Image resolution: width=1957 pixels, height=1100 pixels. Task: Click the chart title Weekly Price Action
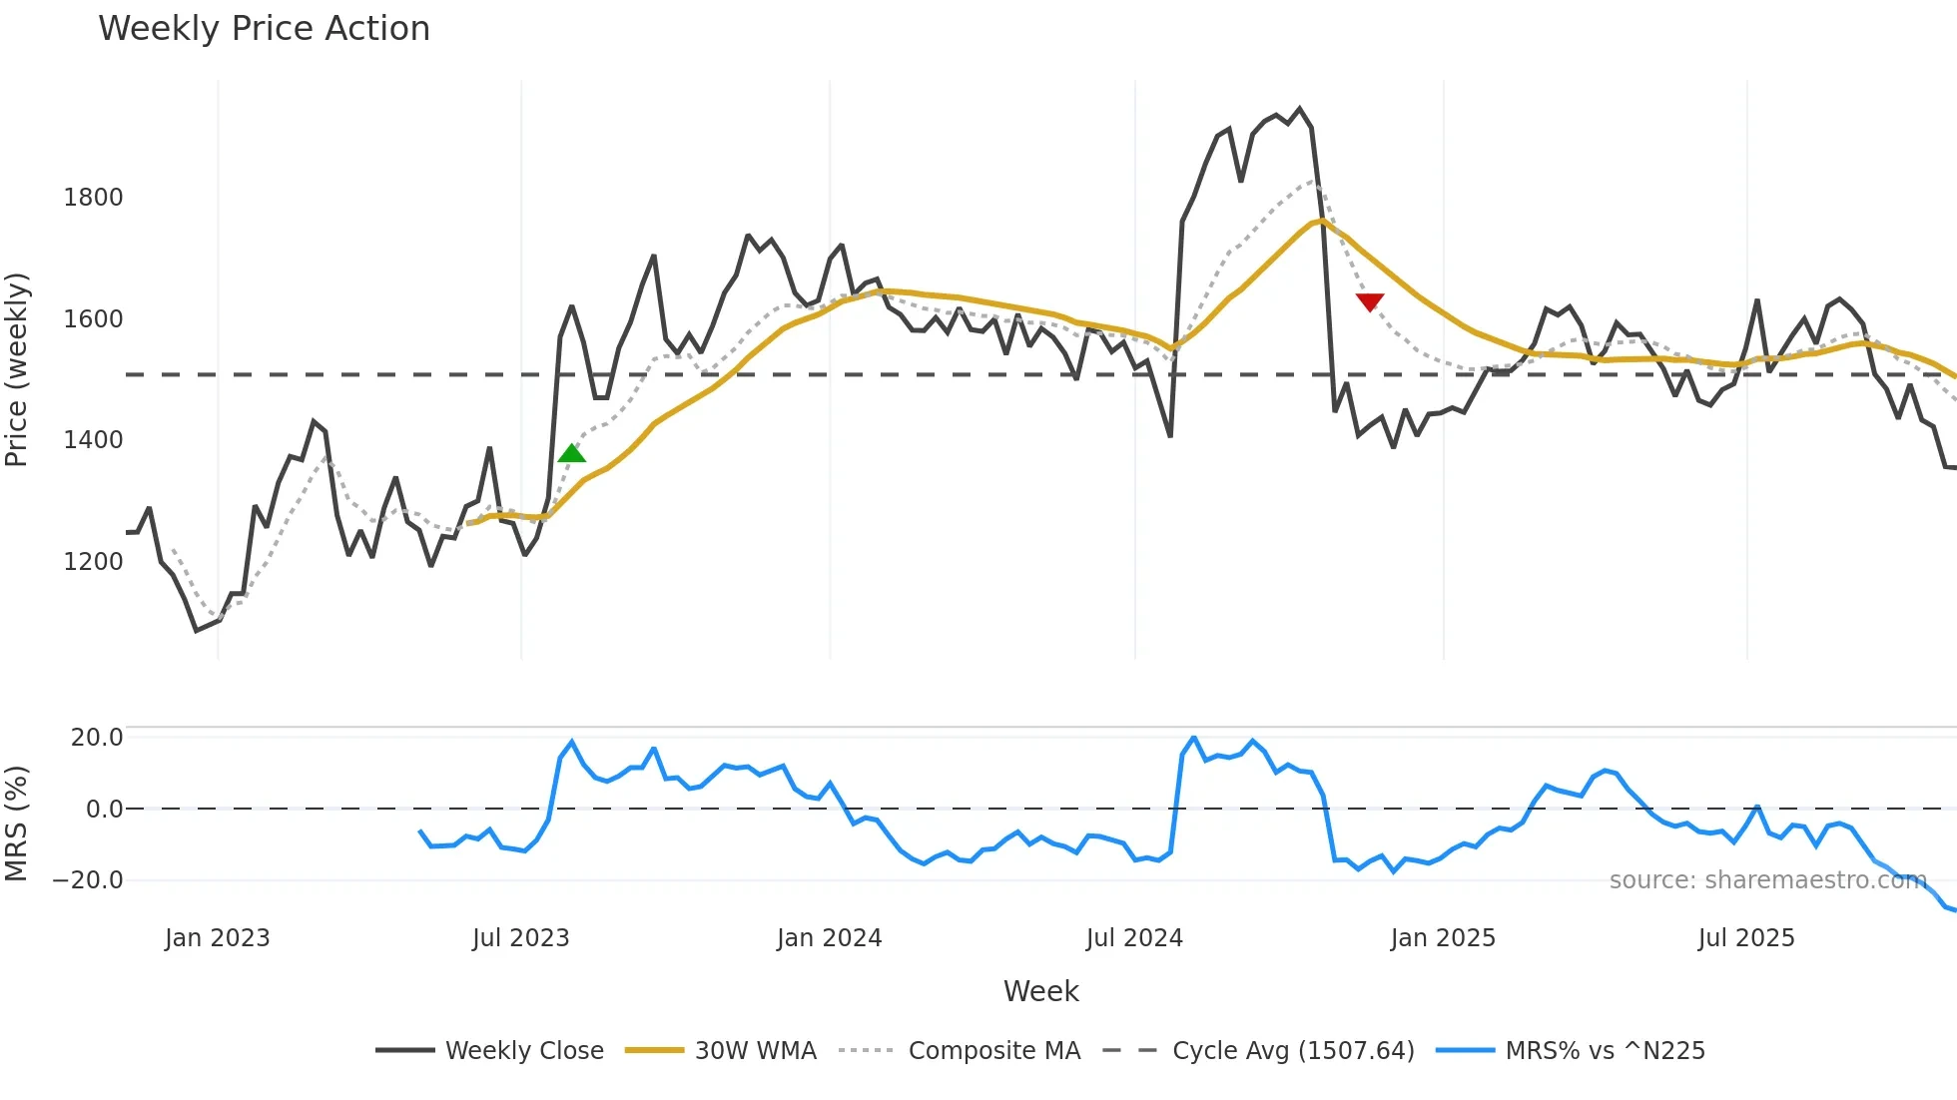264,29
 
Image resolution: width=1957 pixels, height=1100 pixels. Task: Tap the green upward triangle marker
572,454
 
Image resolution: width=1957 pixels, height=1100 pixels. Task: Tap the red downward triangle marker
1370,301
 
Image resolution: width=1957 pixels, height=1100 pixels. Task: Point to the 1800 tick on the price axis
94,198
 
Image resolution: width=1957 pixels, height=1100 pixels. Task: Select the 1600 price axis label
94,319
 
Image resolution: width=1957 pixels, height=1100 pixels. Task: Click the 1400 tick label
94,440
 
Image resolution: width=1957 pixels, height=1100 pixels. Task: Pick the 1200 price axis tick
94,562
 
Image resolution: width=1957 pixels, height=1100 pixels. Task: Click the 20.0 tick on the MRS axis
97,738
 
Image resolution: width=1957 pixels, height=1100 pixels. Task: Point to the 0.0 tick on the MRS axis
105,810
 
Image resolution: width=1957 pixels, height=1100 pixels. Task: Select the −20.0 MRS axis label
88,880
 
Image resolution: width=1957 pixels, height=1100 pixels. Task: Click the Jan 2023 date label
218,938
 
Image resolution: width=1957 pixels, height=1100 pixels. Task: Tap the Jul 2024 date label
1134,938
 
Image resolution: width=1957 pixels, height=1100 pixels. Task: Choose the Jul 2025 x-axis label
1746,938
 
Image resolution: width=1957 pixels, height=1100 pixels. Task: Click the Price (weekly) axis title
17,369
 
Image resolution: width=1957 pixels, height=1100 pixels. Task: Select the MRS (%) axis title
17,824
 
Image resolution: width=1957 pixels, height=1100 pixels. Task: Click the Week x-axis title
1040,991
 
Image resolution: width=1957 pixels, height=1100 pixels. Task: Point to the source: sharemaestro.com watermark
1767,880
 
